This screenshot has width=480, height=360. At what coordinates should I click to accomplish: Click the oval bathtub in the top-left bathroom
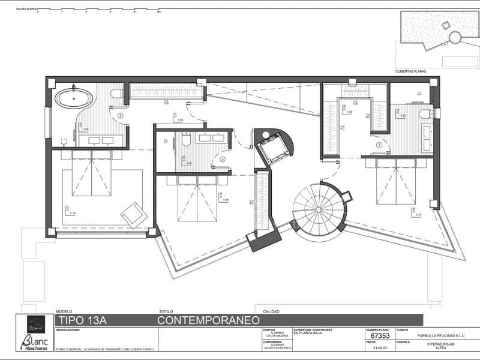click(x=74, y=97)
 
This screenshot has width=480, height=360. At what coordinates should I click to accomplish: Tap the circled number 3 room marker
click(x=121, y=115)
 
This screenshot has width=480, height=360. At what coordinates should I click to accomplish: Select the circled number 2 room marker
click(x=222, y=159)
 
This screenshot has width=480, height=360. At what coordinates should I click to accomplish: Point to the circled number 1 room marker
click(x=379, y=145)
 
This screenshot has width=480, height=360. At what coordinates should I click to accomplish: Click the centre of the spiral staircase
click(x=321, y=209)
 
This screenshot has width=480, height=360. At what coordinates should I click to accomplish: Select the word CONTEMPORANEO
click(x=203, y=320)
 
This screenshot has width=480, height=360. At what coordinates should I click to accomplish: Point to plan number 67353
click(x=372, y=337)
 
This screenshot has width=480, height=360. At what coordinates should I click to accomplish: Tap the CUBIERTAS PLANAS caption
click(x=411, y=71)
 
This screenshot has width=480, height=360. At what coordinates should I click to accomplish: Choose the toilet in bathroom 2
click(x=186, y=139)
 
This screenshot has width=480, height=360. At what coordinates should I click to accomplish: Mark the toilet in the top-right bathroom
click(x=425, y=114)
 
